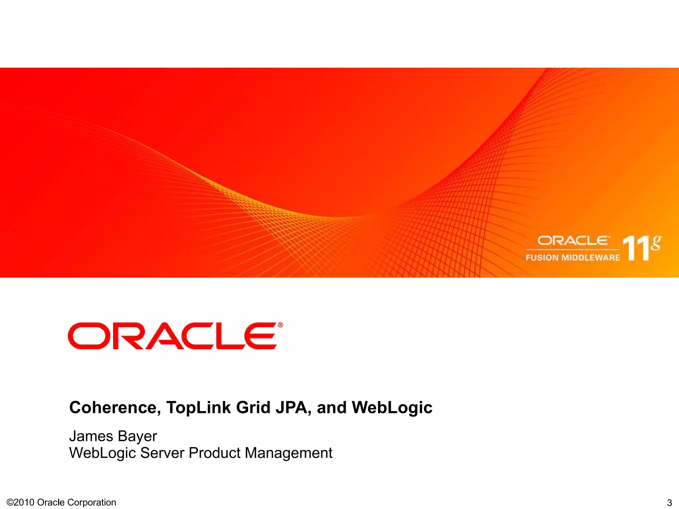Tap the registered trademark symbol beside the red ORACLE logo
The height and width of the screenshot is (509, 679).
point(280,325)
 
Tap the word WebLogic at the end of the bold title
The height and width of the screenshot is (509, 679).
point(392,407)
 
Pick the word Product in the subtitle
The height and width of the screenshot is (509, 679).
point(215,453)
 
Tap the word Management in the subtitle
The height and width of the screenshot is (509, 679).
point(288,453)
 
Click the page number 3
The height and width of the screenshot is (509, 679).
point(669,502)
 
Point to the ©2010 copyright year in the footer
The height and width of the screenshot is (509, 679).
point(21,502)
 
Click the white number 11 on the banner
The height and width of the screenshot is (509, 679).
point(635,248)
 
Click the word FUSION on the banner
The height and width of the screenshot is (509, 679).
point(542,257)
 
